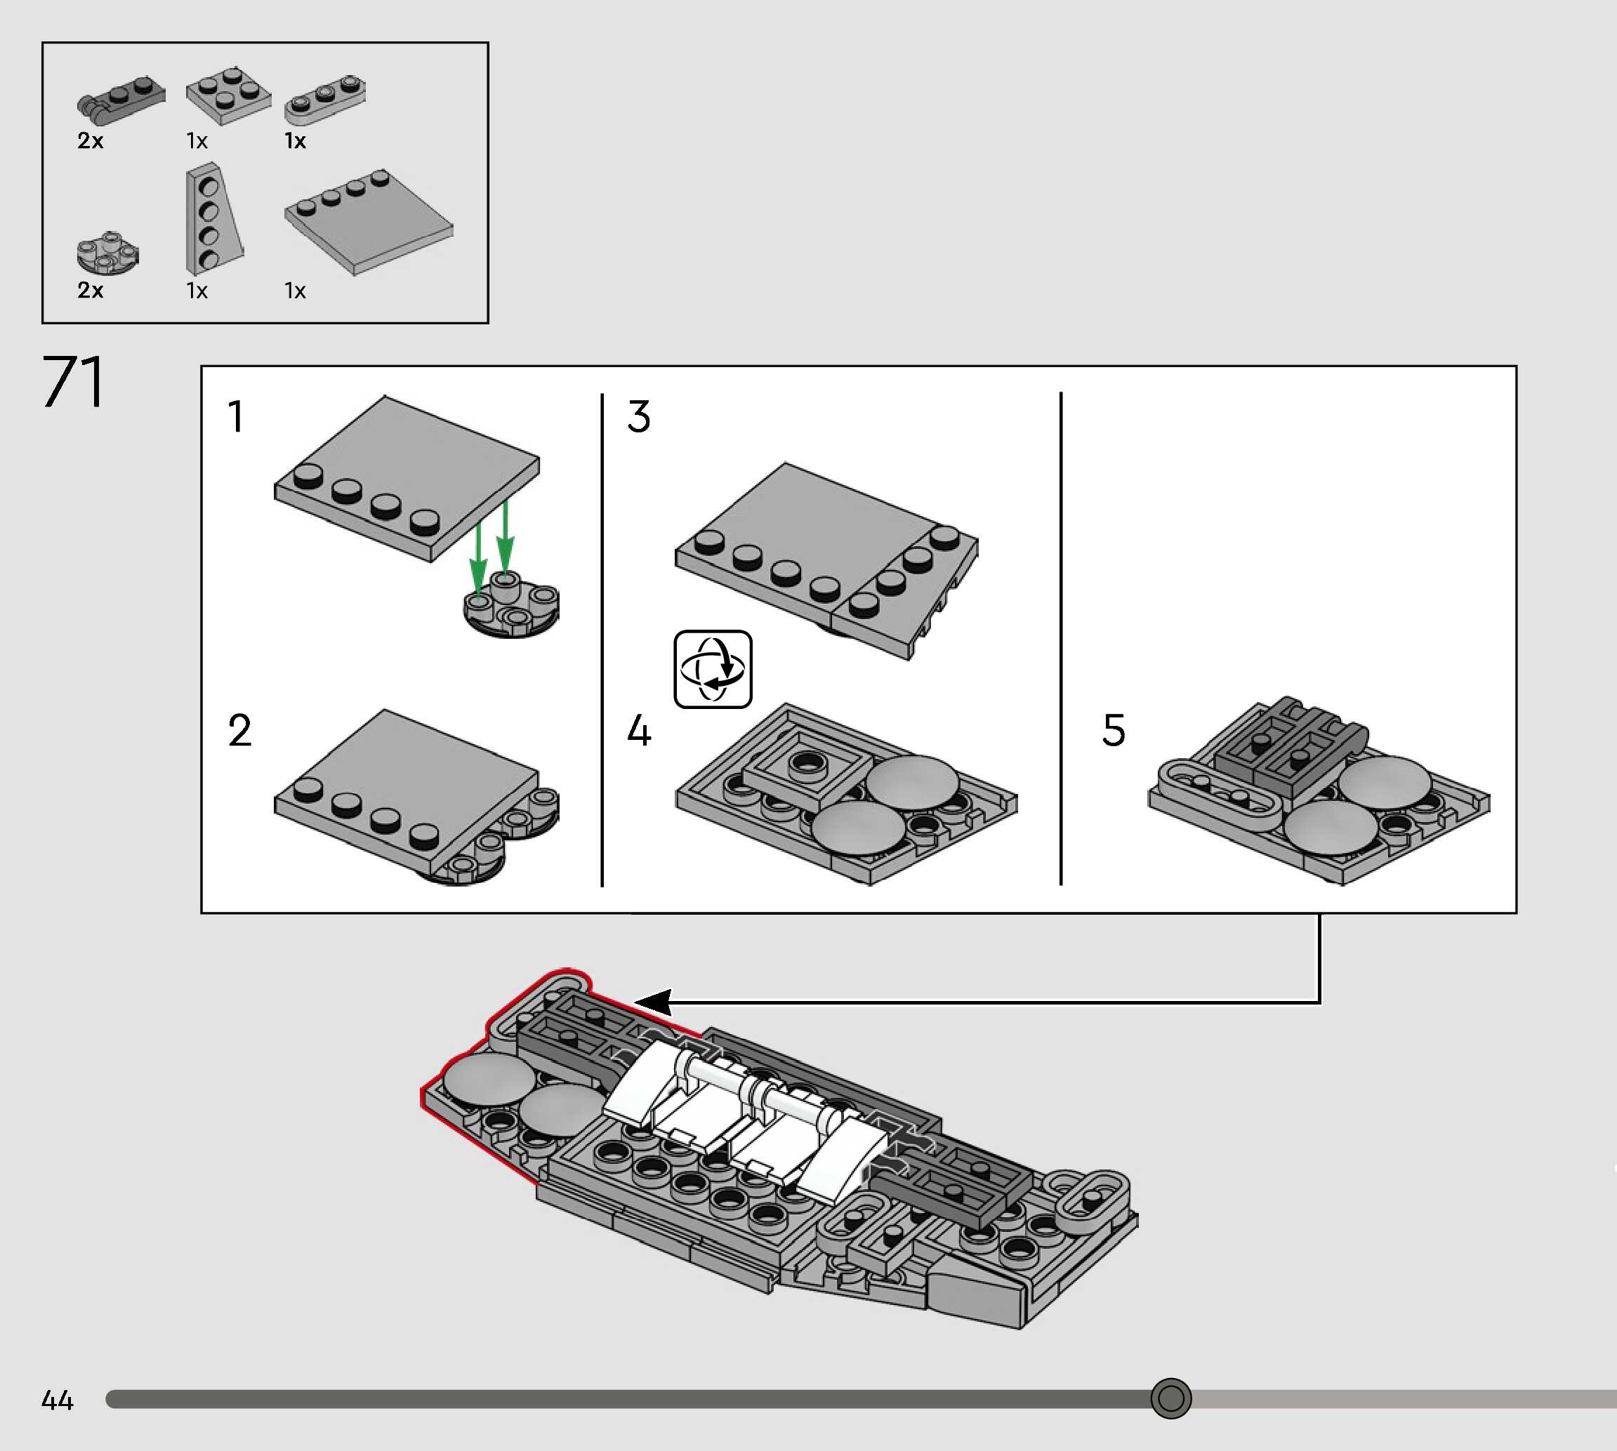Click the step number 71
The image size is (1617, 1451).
(72, 382)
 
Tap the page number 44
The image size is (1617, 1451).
(58, 1400)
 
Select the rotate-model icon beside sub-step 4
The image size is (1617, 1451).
(712, 669)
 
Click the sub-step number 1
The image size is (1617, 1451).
(235, 416)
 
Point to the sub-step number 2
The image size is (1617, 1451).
(239, 730)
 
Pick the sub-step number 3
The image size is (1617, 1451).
(639, 416)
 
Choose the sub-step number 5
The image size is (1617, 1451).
(1113, 730)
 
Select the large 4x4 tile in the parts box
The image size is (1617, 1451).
(369, 223)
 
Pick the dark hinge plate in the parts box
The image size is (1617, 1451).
(121, 100)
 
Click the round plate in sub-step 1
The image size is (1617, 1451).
(511, 609)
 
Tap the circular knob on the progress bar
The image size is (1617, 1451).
(1170, 1398)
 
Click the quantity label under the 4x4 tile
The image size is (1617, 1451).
(295, 291)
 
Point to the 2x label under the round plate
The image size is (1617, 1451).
(90, 290)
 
